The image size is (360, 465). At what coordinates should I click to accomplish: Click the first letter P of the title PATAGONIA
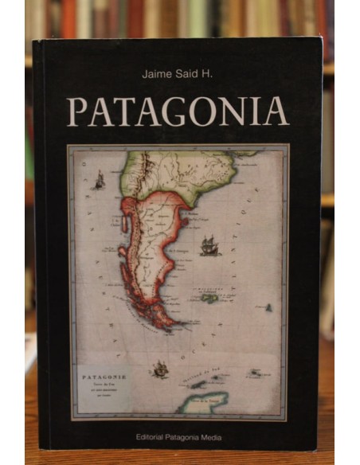click(76, 111)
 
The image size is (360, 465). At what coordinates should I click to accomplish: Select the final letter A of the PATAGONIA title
click(276, 111)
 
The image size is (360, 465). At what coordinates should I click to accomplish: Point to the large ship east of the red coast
click(209, 246)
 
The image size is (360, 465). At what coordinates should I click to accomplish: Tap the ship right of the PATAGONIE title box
click(161, 369)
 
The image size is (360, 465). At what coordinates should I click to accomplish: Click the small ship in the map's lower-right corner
click(256, 372)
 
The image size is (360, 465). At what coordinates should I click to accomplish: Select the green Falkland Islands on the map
click(209, 299)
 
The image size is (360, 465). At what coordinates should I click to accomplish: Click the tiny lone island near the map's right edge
click(268, 307)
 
